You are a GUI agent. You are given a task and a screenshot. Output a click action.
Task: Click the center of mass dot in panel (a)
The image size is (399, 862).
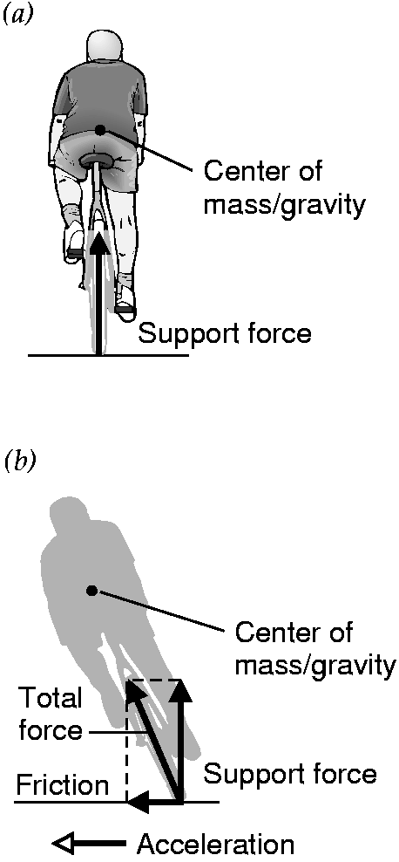click(99, 130)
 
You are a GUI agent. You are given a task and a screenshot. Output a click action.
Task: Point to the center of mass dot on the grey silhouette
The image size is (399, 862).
click(92, 590)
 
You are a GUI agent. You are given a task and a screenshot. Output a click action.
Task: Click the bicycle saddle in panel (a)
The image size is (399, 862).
click(97, 159)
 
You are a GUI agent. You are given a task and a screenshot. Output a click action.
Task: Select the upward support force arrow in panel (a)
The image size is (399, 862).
click(98, 292)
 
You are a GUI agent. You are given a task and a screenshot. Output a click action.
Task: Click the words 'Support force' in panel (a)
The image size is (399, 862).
click(225, 333)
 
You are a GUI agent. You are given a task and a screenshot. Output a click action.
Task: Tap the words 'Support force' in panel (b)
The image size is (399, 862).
click(290, 775)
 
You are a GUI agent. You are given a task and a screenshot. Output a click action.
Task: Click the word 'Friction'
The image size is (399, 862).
click(62, 786)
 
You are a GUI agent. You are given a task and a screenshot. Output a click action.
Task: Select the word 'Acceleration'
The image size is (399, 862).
click(215, 844)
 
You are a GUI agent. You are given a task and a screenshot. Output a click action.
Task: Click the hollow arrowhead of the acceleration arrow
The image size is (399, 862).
click(64, 842)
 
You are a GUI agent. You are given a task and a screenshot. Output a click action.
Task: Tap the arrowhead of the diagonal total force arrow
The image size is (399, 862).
click(137, 694)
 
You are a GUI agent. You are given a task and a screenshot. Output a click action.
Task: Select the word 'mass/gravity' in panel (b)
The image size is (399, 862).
click(315, 665)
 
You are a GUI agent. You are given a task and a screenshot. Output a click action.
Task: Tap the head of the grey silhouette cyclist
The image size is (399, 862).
click(67, 514)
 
